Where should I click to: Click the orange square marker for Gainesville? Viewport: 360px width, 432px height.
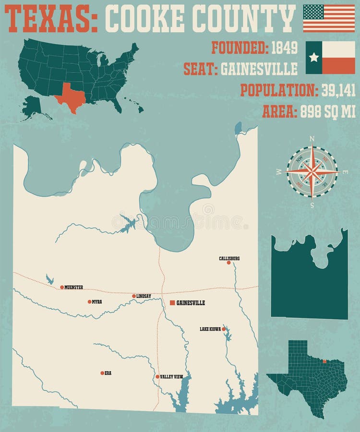(172, 303)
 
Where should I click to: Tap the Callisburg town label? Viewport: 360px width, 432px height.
(229, 258)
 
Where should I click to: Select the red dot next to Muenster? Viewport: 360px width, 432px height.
(62, 288)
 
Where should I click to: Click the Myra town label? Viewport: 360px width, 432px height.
(97, 302)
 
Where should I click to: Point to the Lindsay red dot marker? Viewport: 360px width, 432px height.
(134, 296)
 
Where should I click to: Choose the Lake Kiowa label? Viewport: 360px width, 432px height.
(210, 329)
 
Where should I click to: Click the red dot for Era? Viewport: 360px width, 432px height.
(102, 373)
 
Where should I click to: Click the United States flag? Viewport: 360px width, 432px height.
(329, 18)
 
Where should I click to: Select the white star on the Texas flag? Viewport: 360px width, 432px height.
(314, 58)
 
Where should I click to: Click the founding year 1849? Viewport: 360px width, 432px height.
(284, 48)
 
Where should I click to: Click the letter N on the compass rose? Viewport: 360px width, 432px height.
(312, 139)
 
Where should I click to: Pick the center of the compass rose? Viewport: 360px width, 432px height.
(312, 171)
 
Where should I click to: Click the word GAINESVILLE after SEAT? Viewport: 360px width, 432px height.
(259, 69)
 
